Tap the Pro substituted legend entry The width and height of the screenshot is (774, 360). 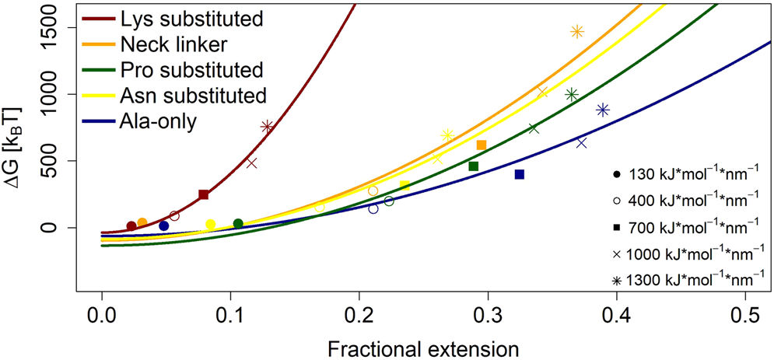coord(192,69)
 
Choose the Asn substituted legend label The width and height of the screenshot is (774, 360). coord(194,95)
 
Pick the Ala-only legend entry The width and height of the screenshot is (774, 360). coord(159,121)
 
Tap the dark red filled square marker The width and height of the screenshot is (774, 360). coord(203,194)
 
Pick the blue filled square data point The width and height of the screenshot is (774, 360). coord(520,174)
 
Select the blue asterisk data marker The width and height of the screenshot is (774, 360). coord(602,110)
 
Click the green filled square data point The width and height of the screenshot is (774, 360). coord(473,166)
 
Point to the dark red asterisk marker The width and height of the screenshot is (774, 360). coord(267,126)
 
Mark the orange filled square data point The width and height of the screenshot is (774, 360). coord(481,145)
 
